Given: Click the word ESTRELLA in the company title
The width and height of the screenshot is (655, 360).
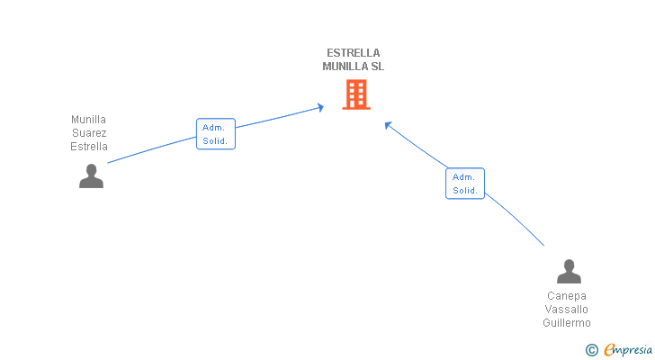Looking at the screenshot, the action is [x=353, y=53].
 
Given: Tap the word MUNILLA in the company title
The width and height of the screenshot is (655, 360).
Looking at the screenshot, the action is [x=342, y=67].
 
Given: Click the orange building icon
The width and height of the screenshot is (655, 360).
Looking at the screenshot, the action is [x=356, y=94].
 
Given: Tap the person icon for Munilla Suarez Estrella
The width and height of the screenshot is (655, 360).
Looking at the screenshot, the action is [x=91, y=175].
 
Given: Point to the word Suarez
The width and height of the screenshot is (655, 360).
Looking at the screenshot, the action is [x=89, y=133].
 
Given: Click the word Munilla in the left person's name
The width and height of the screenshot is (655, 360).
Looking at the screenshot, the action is [x=88, y=120].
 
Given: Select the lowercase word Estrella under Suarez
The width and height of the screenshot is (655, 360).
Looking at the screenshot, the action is [x=89, y=147].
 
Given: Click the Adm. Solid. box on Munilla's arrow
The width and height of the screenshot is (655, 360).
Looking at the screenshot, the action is [x=216, y=133].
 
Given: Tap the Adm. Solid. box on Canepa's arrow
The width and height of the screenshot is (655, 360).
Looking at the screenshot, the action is [x=465, y=184].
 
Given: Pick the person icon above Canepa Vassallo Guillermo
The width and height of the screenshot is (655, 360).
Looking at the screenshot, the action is [x=569, y=272].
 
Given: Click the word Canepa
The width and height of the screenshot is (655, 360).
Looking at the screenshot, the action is [x=567, y=296].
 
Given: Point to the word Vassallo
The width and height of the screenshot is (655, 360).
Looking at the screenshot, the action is [x=567, y=310].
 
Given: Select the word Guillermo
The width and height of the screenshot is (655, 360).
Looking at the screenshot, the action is [x=567, y=323].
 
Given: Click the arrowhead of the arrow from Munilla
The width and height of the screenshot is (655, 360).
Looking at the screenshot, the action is [x=320, y=108].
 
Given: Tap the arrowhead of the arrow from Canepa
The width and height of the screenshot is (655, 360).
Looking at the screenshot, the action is [x=388, y=125].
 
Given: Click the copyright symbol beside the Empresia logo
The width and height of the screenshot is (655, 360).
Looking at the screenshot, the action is [x=591, y=350].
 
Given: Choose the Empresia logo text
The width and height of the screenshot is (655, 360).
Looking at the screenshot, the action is [x=628, y=350].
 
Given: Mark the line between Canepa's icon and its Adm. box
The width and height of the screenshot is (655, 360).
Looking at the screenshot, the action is [x=516, y=218].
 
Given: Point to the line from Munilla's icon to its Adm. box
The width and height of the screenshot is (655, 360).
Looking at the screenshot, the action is [x=152, y=149].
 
